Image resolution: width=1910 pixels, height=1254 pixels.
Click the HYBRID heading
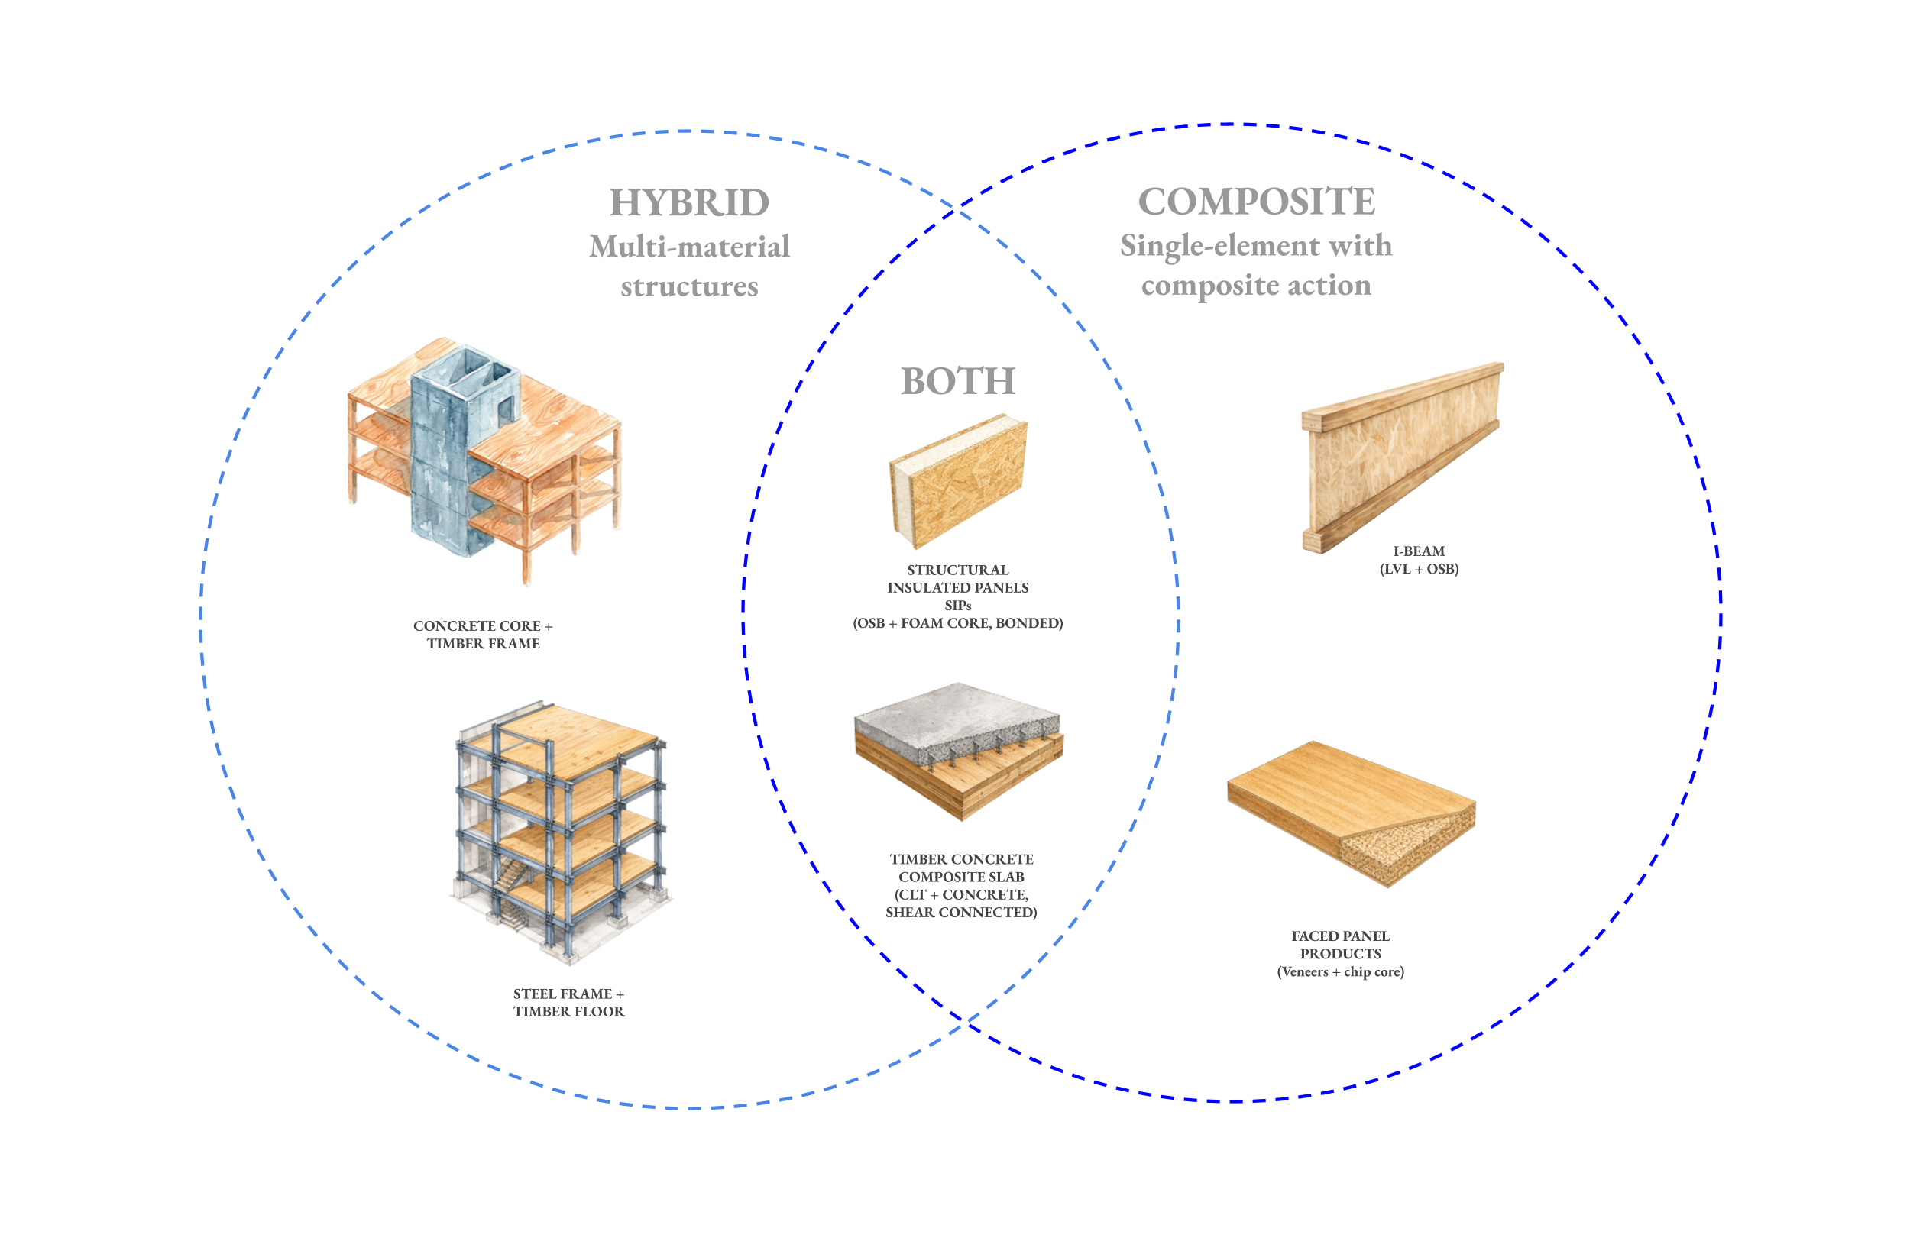pos(689,202)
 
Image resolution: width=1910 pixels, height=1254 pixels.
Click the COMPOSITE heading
pos(1256,201)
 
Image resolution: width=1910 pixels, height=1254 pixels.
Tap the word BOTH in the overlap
pos(957,380)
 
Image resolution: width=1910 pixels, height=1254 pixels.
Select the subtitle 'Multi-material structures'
pos(689,266)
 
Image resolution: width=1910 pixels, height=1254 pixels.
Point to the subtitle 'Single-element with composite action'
pos(1256,265)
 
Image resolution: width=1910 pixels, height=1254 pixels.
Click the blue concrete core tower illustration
pos(449,457)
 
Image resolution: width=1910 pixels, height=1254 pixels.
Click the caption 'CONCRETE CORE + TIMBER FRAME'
pos(483,634)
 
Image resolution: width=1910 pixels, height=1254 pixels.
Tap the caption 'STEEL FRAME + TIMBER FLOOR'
pos(569,1002)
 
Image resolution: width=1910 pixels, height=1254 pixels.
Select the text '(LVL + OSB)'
pos(1419,569)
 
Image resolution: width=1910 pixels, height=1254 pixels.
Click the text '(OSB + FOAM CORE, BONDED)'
pos(957,623)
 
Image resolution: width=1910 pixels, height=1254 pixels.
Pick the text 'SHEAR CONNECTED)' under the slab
pos(960,912)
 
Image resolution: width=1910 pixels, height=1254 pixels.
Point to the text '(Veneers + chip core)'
pos(1340,971)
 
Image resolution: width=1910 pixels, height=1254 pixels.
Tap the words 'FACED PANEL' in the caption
pos(1340,936)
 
